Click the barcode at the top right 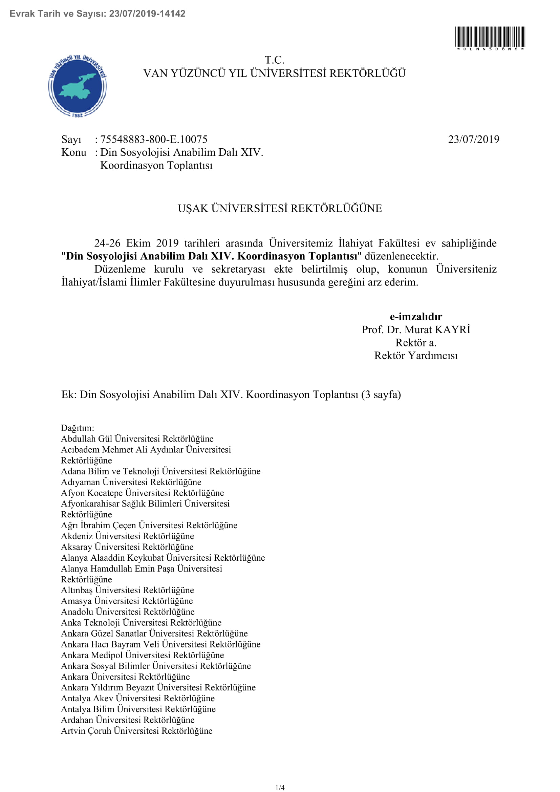490,37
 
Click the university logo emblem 78,86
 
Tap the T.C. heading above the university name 275,60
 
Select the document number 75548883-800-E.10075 154,140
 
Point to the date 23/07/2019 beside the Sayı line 473,140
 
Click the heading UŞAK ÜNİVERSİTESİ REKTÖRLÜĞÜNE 280,208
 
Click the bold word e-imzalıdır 416,317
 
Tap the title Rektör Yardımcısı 416,356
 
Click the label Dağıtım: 78,428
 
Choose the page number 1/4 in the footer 280,788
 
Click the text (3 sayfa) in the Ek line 381,394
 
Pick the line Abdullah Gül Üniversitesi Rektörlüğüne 137,439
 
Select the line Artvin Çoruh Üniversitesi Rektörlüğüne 136,731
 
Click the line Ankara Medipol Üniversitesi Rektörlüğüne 143,655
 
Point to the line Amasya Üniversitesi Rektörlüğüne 127,601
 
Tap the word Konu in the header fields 74,152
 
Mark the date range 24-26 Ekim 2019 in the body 136,243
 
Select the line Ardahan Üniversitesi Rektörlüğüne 128,720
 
